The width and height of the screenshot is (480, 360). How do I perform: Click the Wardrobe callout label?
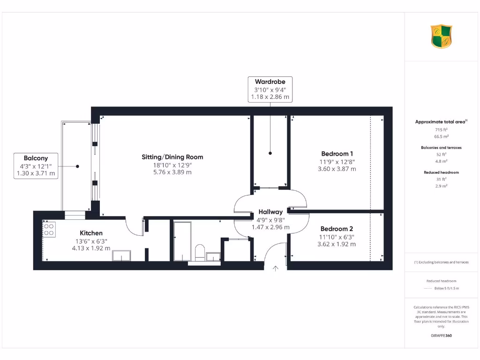[x=270, y=82]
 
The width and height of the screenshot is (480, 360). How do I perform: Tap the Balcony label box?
[x=36, y=166]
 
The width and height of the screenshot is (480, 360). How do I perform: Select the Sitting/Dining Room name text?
[x=172, y=157]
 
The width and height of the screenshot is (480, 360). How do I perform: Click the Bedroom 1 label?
[x=337, y=154]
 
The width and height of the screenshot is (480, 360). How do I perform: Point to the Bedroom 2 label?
[x=337, y=229]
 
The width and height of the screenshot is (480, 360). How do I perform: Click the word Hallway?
[x=270, y=212]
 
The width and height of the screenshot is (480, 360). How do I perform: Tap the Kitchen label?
[x=91, y=233]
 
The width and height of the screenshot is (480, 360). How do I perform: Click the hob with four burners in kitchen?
[x=49, y=229]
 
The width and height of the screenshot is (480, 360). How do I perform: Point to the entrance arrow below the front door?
[x=275, y=268]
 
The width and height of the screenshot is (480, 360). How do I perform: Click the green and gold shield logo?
[x=441, y=37]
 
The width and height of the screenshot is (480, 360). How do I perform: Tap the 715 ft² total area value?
[x=441, y=129]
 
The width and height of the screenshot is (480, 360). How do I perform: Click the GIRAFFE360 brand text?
[x=441, y=336]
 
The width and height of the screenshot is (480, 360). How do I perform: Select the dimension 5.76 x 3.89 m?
[x=172, y=172]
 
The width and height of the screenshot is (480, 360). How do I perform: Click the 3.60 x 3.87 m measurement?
[x=337, y=169]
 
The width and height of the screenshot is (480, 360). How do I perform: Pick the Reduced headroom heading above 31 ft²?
[x=441, y=172]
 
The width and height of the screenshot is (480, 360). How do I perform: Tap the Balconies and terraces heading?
[x=441, y=148]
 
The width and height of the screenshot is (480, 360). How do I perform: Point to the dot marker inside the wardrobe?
[x=270, y=153]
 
